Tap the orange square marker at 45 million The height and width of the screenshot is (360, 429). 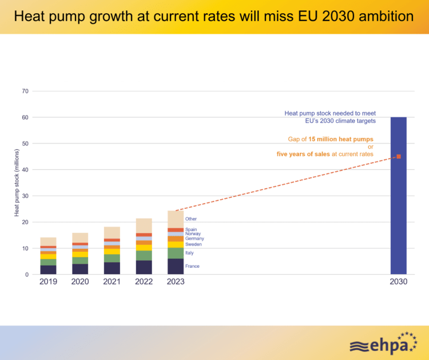(399, 156)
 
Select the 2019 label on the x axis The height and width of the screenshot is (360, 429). (48, 282)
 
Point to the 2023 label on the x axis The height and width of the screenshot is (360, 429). (176, 282)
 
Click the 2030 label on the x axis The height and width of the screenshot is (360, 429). (398, 282)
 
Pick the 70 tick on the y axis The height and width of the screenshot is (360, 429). (25, 91)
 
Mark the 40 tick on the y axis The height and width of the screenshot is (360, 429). (25, 169)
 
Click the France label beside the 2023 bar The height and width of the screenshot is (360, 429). (192, 266)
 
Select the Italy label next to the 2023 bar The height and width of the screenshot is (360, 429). (189, 252)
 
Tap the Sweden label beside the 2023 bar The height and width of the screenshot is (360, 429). (193, 244)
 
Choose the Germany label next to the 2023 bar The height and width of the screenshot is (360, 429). (194, 239)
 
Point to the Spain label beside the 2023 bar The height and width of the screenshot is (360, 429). (191, 230)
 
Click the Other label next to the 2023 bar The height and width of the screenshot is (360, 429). (191, 219)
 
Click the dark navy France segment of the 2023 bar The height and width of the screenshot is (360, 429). (176, 267)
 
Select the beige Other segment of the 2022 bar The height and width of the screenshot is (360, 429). (144, 226)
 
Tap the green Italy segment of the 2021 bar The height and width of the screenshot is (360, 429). (112, 258)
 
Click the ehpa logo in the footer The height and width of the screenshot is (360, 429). (384, 343)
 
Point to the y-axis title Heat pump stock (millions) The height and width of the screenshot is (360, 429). (17, 183)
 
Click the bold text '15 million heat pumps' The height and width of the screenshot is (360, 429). (341, 139)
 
